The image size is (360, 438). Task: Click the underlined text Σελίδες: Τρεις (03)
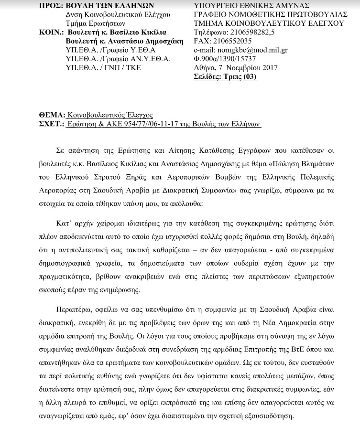point(225,77)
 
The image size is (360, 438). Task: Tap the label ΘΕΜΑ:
point(51,116)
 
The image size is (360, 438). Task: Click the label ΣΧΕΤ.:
point(51,124)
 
